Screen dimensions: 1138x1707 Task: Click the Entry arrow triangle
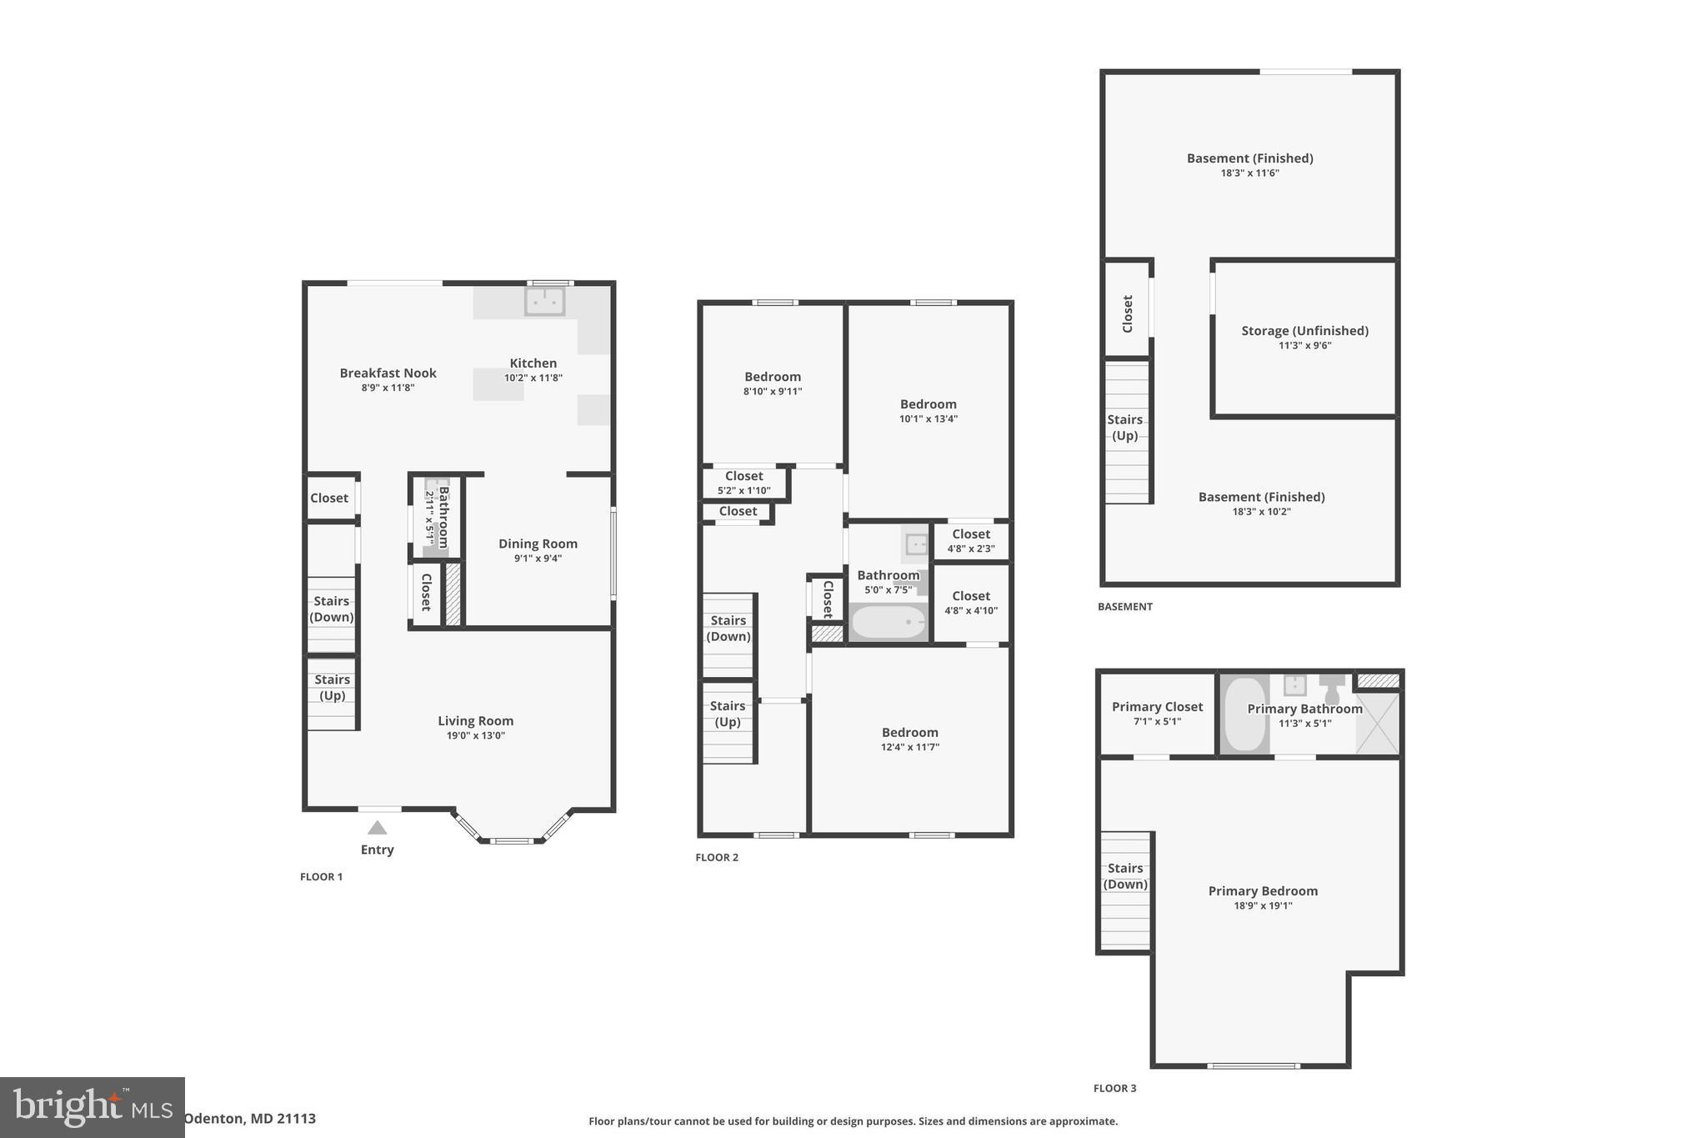pyautogui.click(x=377, y=828)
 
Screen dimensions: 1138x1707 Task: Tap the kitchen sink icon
pyautogui.click(x=544, y=301)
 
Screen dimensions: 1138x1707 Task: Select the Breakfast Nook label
pyautogui.click(x=388, y=373)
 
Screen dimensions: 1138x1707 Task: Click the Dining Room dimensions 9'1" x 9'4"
pyautogui.click(x=538, y=559)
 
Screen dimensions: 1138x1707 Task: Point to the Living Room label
pyautogui.click(x=475, y=721)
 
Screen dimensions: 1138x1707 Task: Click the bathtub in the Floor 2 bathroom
pyautogui.click(x=889, y=622)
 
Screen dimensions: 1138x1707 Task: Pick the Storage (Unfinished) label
pyautogui.click(x=1304, y=331)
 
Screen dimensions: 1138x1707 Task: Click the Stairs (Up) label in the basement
pyautogui.click(x=1124, y=428)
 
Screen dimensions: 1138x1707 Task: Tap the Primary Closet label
pyautogui.click(x=1157, y=707)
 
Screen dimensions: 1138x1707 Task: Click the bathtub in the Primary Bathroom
pyautogui.click(x=1244, y=714)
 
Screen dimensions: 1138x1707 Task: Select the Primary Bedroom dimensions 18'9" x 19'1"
pyautogui.click(x=1263, y=905)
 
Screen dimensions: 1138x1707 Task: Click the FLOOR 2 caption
pyautogui.click(x=717, y=857)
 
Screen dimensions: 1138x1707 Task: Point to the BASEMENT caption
pyautogui.click(x=1124, y=607)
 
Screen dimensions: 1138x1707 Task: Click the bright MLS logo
pyautogui.click(x=92, y=1107)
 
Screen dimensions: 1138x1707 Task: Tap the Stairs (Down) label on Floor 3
pyautogui.click(x=1125, y=876)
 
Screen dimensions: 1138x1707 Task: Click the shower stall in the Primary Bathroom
pyautogui.click(x=1377, y=722)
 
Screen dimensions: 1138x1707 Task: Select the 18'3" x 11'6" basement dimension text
pyautogui.click(x=1249, y=173)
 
